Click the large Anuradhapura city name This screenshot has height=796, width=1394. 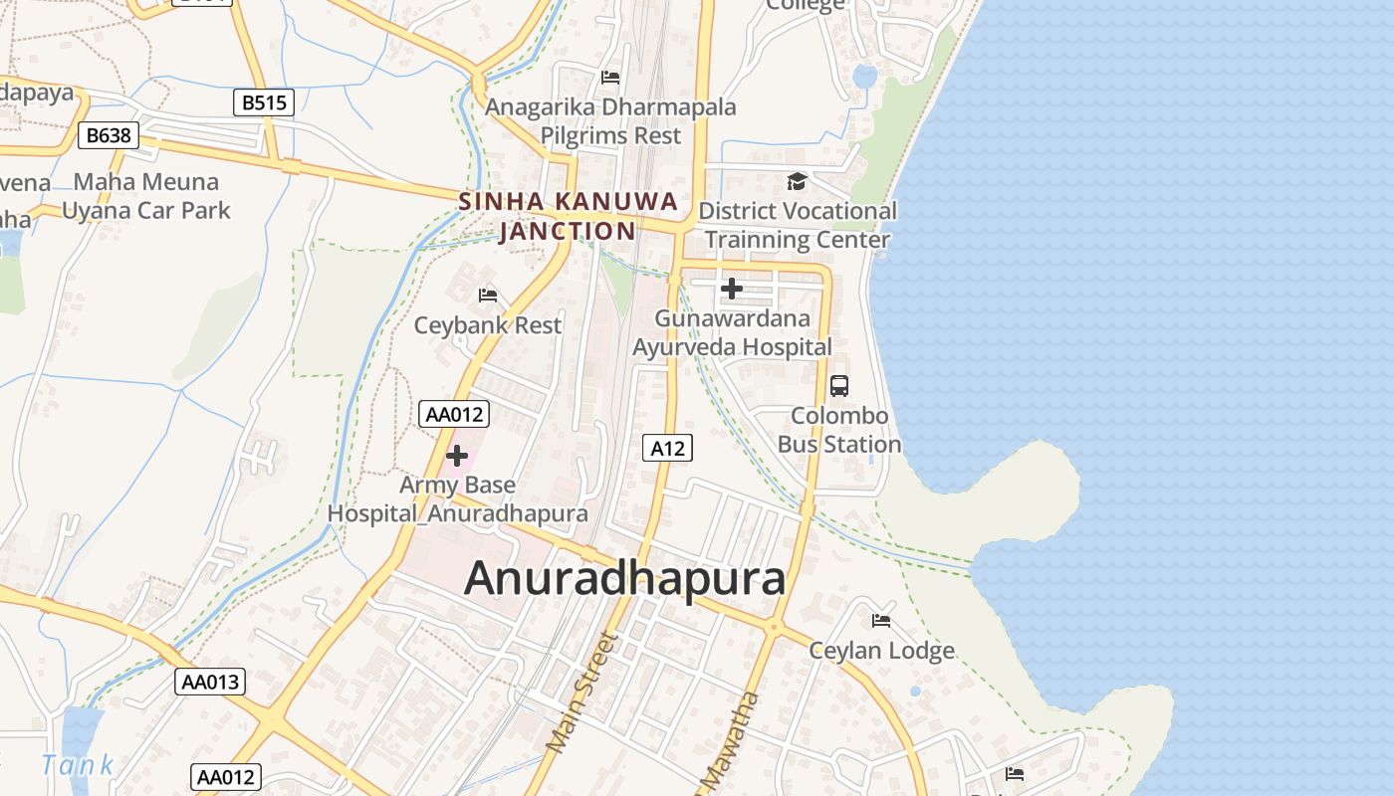coord(624,578)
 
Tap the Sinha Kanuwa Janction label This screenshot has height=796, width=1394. coord(568,216)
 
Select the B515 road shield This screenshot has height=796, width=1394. coord(264,102)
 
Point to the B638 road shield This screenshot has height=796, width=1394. coord(108,135)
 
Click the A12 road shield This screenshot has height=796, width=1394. coord(667,448)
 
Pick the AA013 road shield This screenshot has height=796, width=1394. coord(211,682)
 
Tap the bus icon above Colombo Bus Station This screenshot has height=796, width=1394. coord(839,385)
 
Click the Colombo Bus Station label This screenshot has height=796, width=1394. coord(839,430)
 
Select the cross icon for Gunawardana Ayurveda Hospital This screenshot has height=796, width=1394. coord(732,289)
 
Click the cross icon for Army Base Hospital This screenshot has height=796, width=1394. coord(457,456)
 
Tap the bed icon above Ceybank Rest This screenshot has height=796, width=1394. coord(488,295)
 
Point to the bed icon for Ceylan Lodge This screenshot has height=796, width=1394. coord(881,621)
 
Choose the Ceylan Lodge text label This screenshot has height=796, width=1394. coord(881,651)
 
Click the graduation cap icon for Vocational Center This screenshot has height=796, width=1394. coord(797,181)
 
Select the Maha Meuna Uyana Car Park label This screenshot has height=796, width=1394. coord(146,196)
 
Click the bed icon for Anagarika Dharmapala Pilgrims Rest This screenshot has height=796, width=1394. coord(610,77)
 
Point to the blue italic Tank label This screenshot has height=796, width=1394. coord(78,765)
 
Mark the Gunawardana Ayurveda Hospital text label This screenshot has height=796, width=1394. coord(733,333)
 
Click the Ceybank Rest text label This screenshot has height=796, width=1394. coord(488,325)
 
